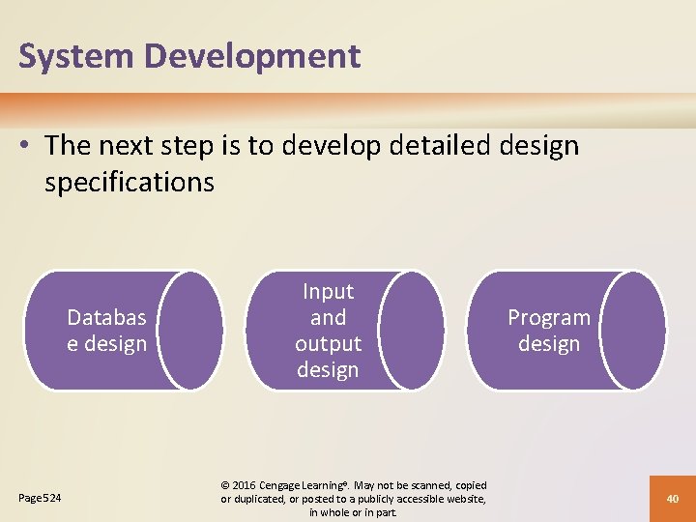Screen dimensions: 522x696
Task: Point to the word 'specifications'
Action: (x=130, y=182)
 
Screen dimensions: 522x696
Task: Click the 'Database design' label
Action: (x=106, y=331)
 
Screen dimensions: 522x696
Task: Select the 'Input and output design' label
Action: (x=328, y=331)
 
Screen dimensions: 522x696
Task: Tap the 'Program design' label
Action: (x=549, y=331)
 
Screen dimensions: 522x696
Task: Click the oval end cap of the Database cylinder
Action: (x=190, y=331)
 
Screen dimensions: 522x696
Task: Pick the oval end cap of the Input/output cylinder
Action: (x=411, y=331)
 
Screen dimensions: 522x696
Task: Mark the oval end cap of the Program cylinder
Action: (x=632, y=331)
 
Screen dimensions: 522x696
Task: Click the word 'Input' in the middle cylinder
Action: (x=328, y=292)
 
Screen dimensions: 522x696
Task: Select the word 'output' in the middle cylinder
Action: (x=328, y=344)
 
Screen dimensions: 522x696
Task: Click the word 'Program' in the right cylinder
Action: (x=549, y=318)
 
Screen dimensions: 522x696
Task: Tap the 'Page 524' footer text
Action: (x=40, y=498)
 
